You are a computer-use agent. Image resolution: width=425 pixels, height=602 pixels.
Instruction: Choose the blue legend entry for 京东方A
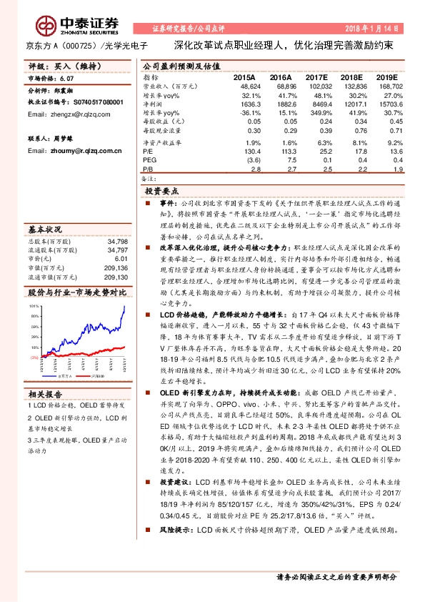(63, 375)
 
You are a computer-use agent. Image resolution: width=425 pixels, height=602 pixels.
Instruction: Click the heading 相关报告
(46, 393)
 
